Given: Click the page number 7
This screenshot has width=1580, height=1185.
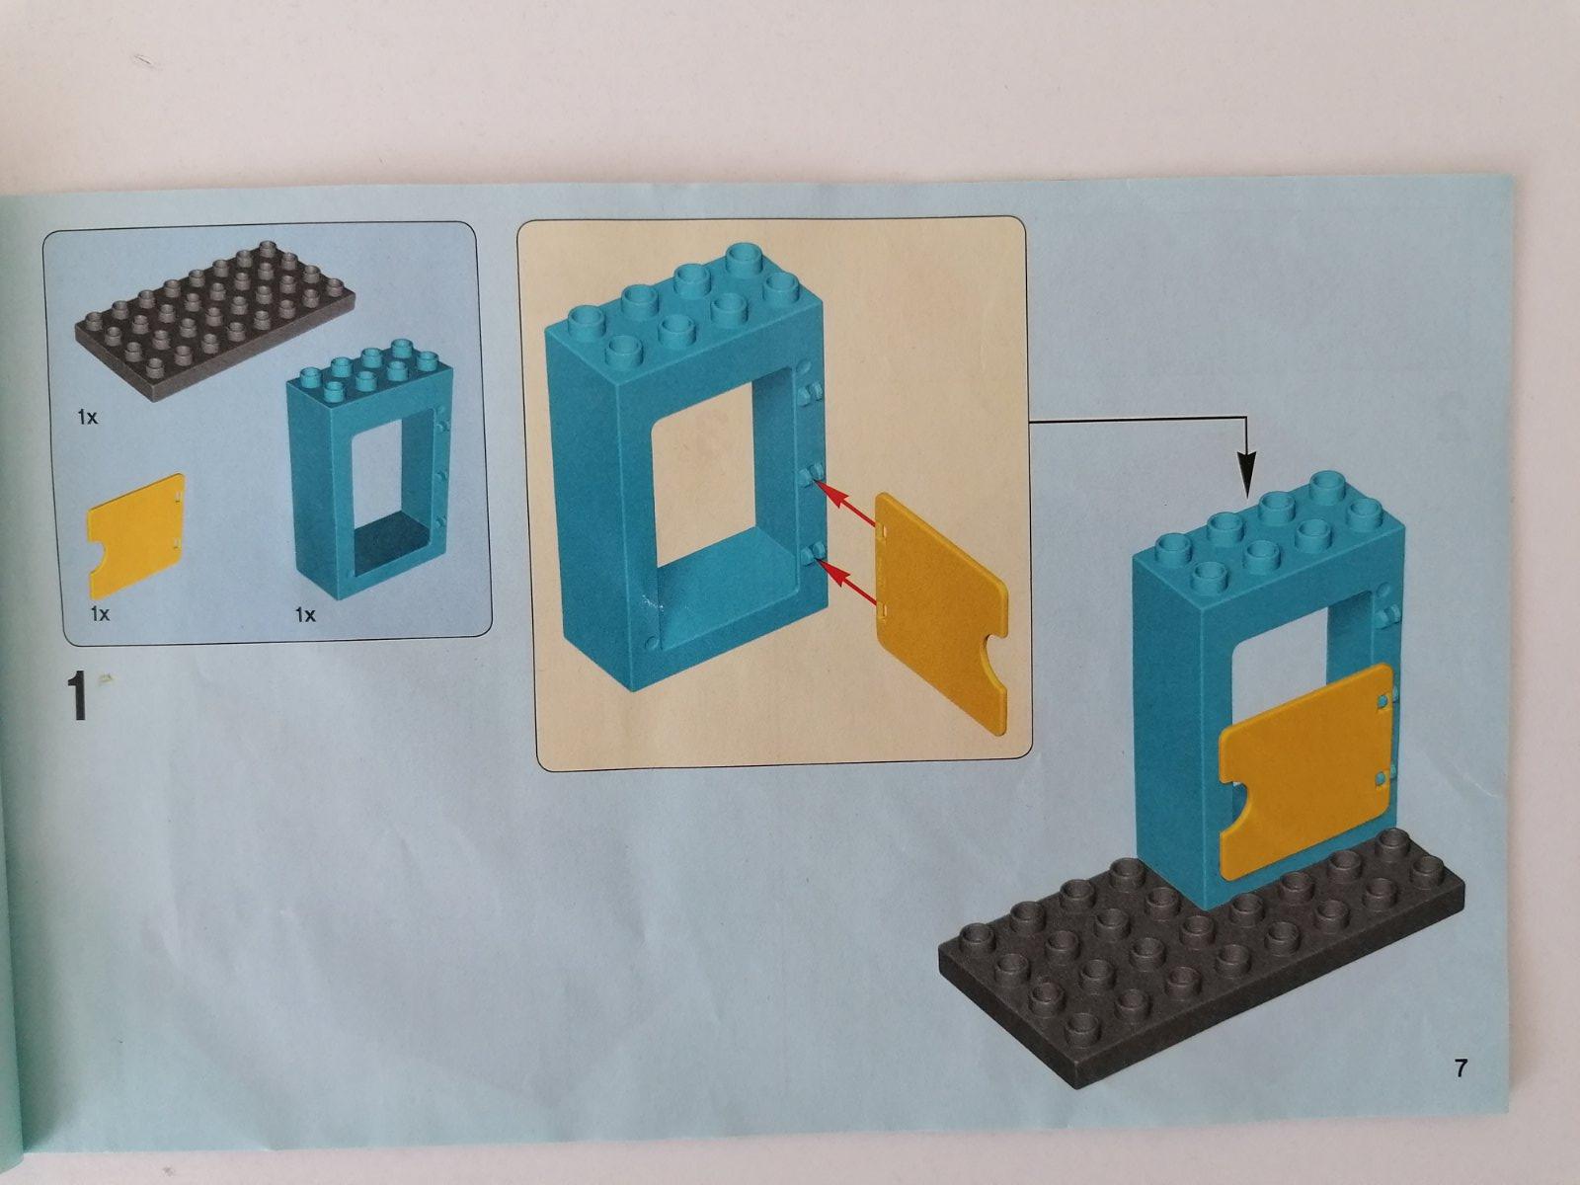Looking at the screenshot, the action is coord(1460,1068).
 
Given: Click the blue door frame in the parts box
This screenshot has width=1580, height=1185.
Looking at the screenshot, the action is coord(370,468).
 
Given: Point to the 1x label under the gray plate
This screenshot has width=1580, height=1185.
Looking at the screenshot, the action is coord(87,417).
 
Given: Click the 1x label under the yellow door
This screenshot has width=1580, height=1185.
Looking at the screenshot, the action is coord(100,613).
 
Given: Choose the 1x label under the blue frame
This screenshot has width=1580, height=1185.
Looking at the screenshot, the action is coord(305,615).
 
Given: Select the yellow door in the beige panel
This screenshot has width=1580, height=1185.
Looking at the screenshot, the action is coord(939,611).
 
